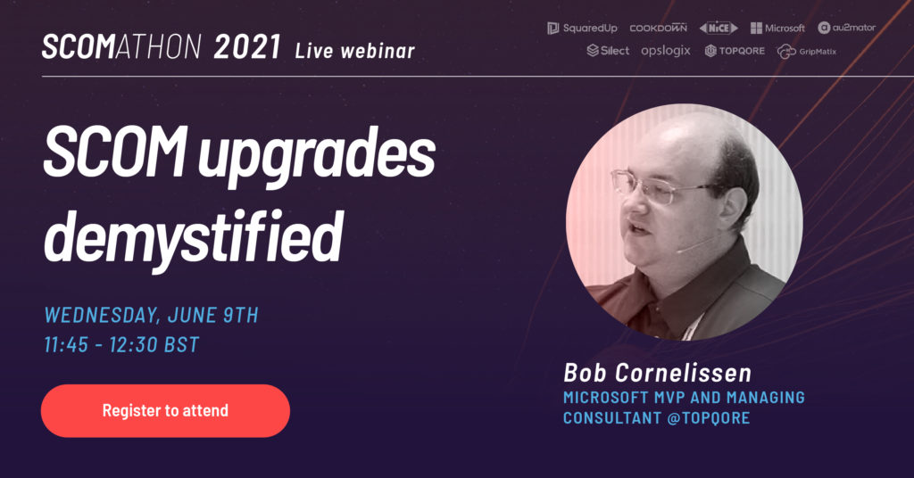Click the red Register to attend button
coord(165,410)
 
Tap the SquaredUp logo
coord(582,28)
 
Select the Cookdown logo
coord(658,28)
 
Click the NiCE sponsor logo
coord(719,28)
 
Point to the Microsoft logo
coord(777,28)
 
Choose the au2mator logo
coord(846,28)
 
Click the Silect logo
coord(608,51)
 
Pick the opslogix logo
coord(666,51)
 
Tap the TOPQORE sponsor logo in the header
coord(735,51)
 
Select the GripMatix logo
coord(807,52)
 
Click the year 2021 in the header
coord(247,47)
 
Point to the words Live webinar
coord(355,51)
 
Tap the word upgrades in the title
coord(317,155)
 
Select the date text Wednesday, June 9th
coord(152,315)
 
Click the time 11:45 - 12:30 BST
coord(121,344)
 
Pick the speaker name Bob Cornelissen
coord(658,373)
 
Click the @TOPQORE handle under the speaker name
coord(708,418)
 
